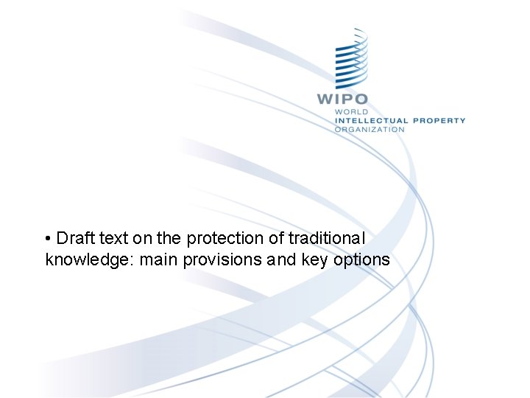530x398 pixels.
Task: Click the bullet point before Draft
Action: [x=48, y=239]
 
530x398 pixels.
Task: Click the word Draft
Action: [x=71, y=239]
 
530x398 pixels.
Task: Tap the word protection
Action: [x=225, y=239]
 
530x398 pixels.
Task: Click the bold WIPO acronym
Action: [x=342, y=98]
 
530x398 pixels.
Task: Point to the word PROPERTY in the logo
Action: [x=439, y=120]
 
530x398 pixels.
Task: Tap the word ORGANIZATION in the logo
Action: [x=370, y=129]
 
